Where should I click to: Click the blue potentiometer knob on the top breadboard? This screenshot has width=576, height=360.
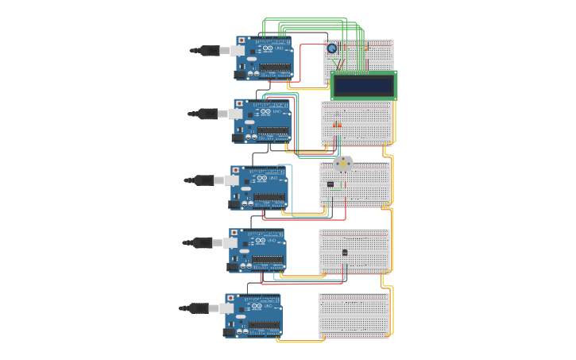click(332, 48)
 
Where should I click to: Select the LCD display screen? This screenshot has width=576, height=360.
click(363, 85)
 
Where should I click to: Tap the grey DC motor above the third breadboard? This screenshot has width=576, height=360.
click(342, 164)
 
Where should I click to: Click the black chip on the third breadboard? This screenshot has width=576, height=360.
click(331, 184)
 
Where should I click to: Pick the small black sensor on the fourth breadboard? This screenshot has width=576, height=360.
click(344, 252)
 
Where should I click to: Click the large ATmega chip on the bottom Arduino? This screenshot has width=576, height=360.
click(265, 325)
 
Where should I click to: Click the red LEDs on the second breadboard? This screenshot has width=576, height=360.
click(337, 125)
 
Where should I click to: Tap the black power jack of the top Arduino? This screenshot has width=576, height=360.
click(241, 75)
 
